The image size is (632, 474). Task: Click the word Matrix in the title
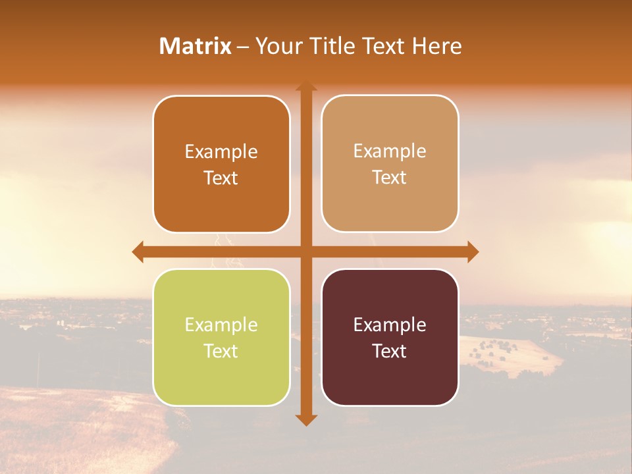pos(195,46)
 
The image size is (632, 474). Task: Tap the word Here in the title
pos(436,46)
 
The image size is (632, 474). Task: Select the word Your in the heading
pos(277,46)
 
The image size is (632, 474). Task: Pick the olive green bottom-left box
pos(221,375)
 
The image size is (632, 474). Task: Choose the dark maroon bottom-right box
pos(390,375)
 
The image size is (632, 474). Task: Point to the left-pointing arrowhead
pos(138,251)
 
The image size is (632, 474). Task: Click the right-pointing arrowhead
pos(472,251)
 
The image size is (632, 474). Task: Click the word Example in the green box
pos(221,325)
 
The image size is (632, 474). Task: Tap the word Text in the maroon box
pos(390,351)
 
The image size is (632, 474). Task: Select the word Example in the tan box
pos(390,151)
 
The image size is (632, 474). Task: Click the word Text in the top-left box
pos(221,178)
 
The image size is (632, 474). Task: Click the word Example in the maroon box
pos(390,325)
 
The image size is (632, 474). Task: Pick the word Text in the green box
pos(221,351)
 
